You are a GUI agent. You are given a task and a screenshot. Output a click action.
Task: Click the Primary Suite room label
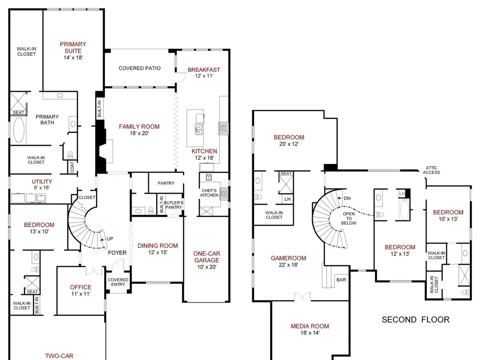[x=73, y=47]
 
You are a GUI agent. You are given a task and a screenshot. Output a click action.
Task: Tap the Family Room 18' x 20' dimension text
[x=139, y=133]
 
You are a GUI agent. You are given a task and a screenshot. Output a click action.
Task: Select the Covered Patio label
[x=139, y=68]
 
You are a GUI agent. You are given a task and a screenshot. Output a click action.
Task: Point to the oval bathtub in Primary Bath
[x=19, y=130]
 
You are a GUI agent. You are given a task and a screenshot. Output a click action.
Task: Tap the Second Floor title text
[x=415, y=319]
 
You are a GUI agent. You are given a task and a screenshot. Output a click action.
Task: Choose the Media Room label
[x=310, y=326]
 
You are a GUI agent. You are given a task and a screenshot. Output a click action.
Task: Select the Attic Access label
[x=431, y=170]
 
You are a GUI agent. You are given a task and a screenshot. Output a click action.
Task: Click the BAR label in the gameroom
[x=341, y=280]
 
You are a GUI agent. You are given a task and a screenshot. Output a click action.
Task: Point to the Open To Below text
[x=349, y=218]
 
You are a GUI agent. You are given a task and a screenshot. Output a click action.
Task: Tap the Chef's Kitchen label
[x=209, y=193]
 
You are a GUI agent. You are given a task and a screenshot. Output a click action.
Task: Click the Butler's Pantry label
[x=174, y=205]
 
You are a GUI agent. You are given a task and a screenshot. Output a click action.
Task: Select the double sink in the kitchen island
[x=198, y=129]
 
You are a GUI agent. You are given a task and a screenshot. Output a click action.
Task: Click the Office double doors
[x=94, y=271]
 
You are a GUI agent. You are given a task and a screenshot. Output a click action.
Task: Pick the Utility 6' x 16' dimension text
[x=42, y=187]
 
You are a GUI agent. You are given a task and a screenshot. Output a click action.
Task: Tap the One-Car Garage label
[x=207, y=257]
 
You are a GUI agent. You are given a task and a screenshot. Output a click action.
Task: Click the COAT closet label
[x=72, y=167]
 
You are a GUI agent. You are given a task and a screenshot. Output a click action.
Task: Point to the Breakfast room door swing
[x=181, y=77]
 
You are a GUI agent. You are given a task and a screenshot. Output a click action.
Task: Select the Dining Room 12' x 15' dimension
[x=157, y=252]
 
